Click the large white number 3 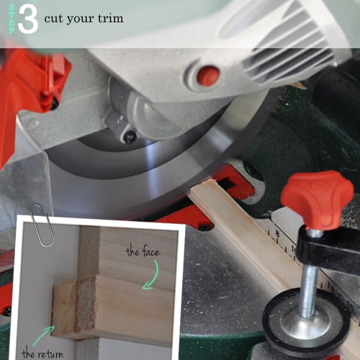tap(28, 19)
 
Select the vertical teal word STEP tap(12, 19)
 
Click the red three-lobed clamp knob tap(318, 197)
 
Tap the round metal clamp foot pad tap(305, 322)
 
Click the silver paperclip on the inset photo tap(42, 225)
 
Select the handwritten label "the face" tap(143, 251)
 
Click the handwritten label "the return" tap(42, 354)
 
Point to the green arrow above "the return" tap(43, 336)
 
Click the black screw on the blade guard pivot tap(130, 137)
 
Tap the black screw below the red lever tap(54, 104)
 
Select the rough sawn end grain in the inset tap(86, 305)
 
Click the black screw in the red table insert tap(204, 227)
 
